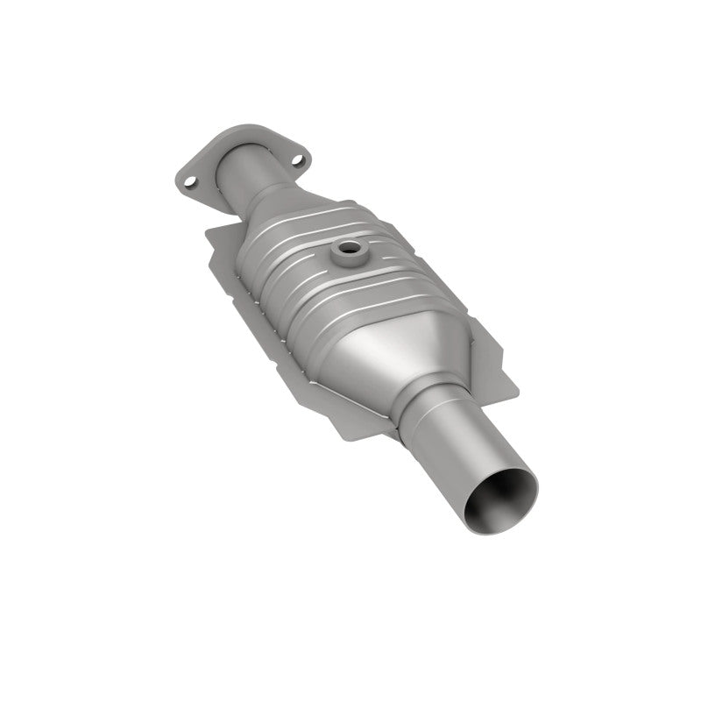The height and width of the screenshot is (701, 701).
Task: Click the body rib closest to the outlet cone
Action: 350,308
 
